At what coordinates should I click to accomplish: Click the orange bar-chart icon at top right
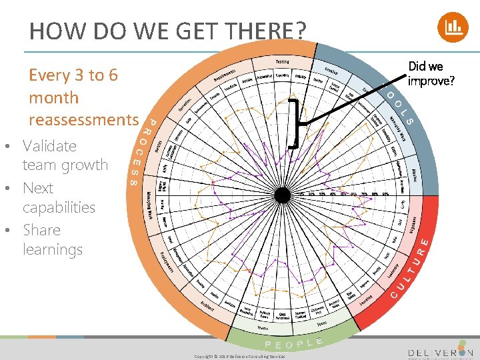(453, 27)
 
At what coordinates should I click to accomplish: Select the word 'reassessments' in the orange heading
(83, 120)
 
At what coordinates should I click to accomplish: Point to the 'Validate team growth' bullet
(65, 155)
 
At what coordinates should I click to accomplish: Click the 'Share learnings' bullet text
(52, 240)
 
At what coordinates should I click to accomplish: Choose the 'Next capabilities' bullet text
(59, 197)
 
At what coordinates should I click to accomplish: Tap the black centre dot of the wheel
(283, 195)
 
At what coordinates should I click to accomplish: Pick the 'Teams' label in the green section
(263, 328)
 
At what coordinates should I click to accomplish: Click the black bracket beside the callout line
(293, 124)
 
